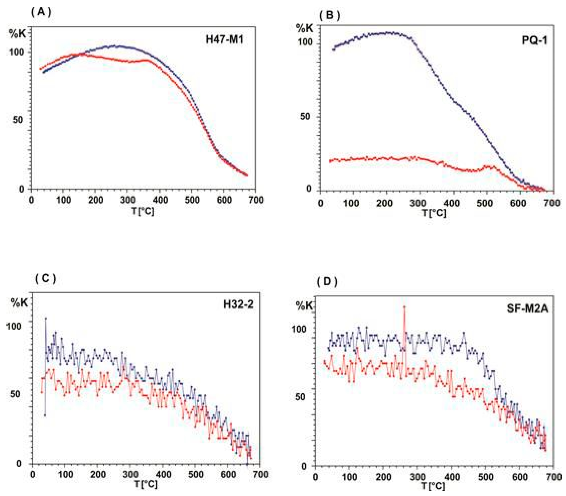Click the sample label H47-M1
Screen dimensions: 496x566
(225, 40)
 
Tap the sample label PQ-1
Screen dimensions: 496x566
(534, 41)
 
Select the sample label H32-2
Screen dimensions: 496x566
(238, 304)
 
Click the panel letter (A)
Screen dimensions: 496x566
(41, 12)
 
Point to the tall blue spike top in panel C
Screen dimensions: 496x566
(46, 319)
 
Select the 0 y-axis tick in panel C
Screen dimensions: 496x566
(18, 464)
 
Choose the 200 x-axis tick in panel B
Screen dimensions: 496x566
(385, 203)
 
